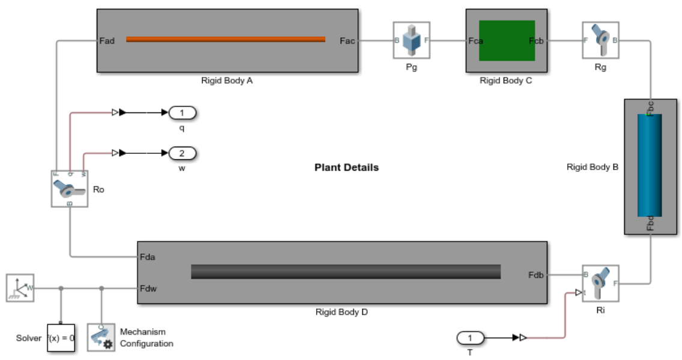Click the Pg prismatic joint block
412,40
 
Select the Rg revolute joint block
600,40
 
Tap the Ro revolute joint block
70,189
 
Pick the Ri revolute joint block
600,283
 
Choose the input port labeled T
470,338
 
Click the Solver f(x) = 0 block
61,338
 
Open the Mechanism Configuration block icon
101,338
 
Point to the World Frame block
20,288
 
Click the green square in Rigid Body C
507,40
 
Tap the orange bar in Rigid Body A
225,40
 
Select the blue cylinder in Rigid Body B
650,165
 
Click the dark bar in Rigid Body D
346,272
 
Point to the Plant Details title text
347,168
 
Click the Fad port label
106,41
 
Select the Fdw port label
149,288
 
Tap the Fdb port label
537,275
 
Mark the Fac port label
347,41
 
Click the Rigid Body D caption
341,313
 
